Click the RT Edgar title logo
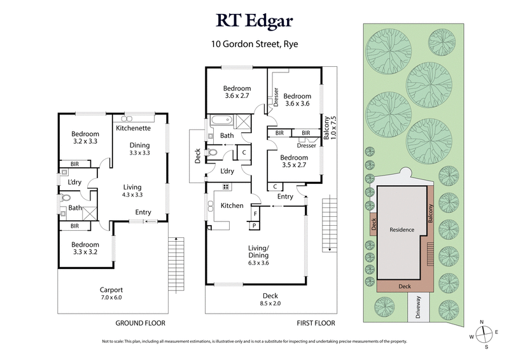coord(254,22)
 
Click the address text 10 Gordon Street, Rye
coord(254,45)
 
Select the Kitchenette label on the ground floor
coord(133,128)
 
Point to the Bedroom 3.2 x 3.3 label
coord(85,137)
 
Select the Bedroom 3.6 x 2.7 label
coord(237,92)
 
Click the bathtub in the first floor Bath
coord(223,120)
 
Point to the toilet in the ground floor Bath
coord(66,198)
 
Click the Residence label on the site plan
coord(402,230)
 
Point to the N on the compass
coord(483,322)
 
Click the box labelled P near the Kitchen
coord(254,225)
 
